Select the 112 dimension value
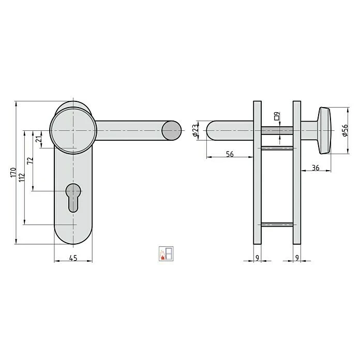[x=22, y=178]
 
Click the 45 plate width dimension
[x=73, y=259]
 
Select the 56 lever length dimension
[x=230, y=154]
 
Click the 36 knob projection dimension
[x=315, y=168]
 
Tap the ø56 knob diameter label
[x=346, y=130]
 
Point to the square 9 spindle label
[x=277, y=116]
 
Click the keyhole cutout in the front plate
[x=73, y=197]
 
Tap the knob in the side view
[x=325, y=130]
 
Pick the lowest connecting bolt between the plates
[x=277, y=224]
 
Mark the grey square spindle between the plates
[x=277, y=130]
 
